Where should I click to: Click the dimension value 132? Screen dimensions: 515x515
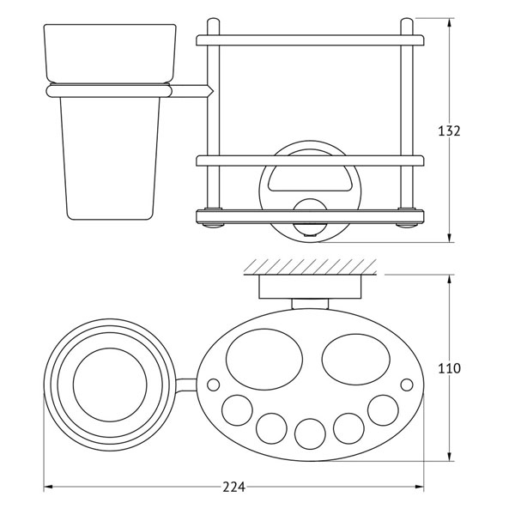(x=449, y=130)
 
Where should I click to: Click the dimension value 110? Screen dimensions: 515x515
(x=449, y=368)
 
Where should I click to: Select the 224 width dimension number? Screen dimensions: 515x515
(x=233, y=487)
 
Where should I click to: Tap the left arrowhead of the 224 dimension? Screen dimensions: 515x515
(x=48, y=487)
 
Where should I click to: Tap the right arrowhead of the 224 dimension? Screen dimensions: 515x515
(x=420, y=487)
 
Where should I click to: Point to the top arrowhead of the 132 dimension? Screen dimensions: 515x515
(x=450, y=23)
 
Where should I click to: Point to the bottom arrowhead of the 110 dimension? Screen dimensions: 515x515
(x=450, y=457)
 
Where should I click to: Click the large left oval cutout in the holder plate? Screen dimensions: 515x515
(x=264, y=360)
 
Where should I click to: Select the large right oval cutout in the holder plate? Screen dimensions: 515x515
(x=356, y=360)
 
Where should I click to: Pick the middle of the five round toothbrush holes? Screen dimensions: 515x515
(x=310, y=433)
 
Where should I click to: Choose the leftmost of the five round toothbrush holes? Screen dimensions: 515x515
(x=237, y=410)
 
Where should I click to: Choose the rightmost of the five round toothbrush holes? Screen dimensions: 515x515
(x=383, y=410)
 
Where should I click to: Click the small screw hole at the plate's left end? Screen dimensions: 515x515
(x=214, y=385)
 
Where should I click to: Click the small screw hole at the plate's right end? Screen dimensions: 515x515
(x=407, y=385)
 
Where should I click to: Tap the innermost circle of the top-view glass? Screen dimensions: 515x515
(x=111, y=385)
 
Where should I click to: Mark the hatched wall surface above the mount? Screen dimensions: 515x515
(x=310, y=266)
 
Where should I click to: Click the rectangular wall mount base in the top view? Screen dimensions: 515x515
(x=310, y=287)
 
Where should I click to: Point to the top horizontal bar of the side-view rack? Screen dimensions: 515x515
(x=310, y=40)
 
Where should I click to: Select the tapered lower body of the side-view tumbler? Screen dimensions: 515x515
(x=110, y=158)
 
